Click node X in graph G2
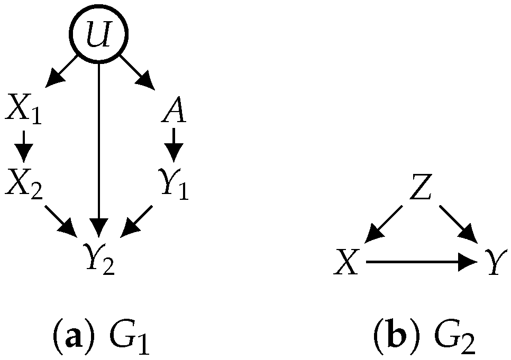pos(346,262)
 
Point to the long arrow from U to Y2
pos(99,148)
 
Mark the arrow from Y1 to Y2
pos(136,219)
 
